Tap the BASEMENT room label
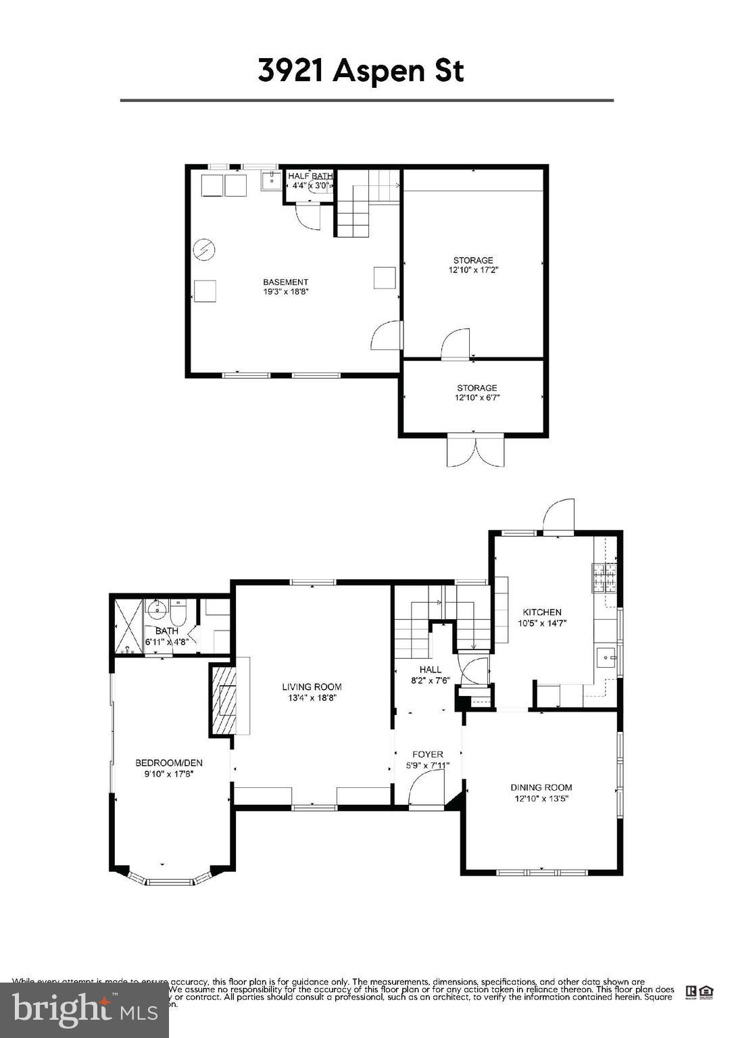point(285,282)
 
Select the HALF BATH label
point(310,176)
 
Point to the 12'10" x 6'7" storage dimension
point(476,398)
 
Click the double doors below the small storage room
point(475,451)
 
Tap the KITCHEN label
point(541,612)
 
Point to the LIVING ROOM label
point(312,687)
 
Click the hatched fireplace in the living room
point(224,700)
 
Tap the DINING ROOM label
point(541,787)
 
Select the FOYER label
point(427,754)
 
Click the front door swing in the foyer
point(426,791)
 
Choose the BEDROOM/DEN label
point(168,763)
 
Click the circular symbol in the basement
point(204,251)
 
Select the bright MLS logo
point(84,1010)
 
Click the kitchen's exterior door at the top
point(559,517)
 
